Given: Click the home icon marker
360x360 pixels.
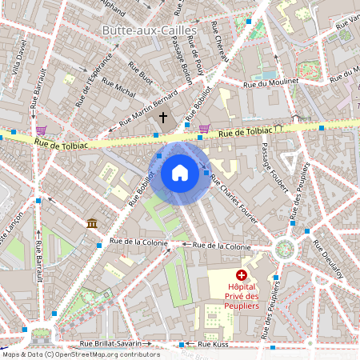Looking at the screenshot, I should pyautogui.click(x=180, y=173).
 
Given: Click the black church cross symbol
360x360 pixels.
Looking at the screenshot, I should pyautogui.click(x=163, y=118).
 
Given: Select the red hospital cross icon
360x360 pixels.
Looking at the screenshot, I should pyautogui.click(x=242, y=274).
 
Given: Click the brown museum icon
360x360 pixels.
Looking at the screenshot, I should pyautogui.click(x=93, y=222).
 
